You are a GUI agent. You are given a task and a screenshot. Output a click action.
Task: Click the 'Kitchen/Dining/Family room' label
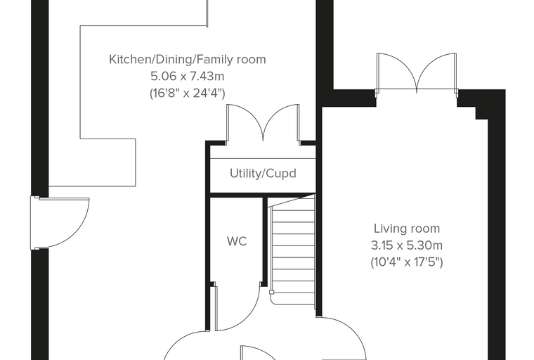pyautogui.click(x=188, y=59)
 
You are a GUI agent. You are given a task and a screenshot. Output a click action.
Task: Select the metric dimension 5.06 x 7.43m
pyautogui.click(x=188, y=76)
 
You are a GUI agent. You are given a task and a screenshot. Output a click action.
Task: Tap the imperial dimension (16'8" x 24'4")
pyautogui.click(x=188, y=93)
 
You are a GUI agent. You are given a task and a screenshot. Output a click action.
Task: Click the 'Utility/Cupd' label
pyautogui.click(x=263, y=174)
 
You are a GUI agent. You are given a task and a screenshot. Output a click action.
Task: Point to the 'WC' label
pyautogui.click(x=237, y=241)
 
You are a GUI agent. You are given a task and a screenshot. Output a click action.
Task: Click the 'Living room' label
pyautogui.click(x=407, y=229)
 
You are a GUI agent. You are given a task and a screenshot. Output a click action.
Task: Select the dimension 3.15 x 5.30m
pyautogui.click(x=407, y=245)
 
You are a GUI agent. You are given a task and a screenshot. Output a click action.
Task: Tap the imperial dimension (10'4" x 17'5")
pyautogui.click(x=407, y=262)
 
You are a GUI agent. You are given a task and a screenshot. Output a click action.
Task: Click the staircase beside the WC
pyautogui.click(x=293, y=252)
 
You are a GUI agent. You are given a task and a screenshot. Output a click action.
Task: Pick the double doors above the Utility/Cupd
pyautogui.click(x=263, y=124)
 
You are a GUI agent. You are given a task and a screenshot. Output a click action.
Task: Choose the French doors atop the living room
pyautogui.click(x=417, y=72)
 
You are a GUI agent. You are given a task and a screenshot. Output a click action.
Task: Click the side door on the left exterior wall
pyautogui.click(x=60, y=222)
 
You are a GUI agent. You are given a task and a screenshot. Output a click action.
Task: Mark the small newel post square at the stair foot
pyautogui.click(x=271, y=292)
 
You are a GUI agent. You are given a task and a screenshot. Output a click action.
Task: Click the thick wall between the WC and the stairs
pyautogui.click(x=265, y=240)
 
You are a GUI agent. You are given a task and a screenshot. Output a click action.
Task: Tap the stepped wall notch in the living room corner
pyautogui.click(x=481, y=113)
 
